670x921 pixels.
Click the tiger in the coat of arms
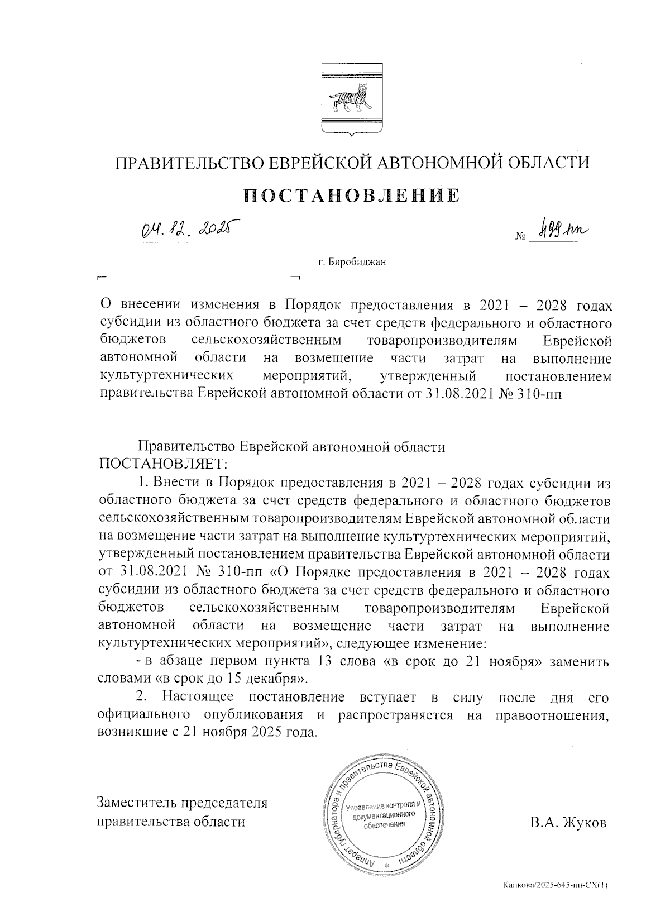[352, 99]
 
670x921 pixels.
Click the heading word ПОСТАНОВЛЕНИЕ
[352, 195]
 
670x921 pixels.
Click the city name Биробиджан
[358, 262]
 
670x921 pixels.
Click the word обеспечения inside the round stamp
[384, 825]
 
